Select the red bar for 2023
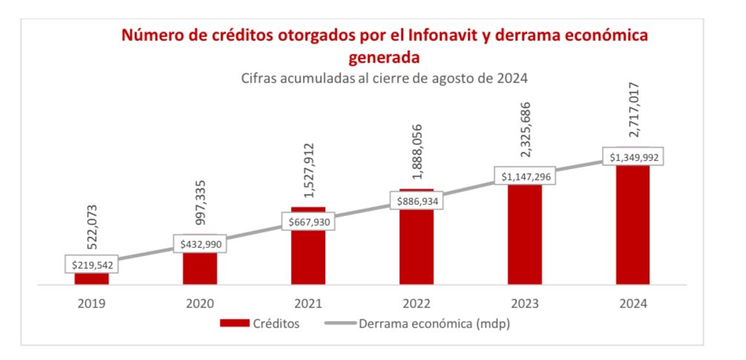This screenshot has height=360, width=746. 525,234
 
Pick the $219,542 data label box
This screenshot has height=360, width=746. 91,264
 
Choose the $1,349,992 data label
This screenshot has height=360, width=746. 633,157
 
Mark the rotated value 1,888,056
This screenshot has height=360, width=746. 416,154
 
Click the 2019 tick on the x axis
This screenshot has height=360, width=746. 91,303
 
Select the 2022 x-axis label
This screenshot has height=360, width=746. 416,303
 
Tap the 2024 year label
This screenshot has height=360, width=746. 633,303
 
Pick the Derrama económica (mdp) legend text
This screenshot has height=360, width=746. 434,324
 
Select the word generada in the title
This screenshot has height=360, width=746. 385,56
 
